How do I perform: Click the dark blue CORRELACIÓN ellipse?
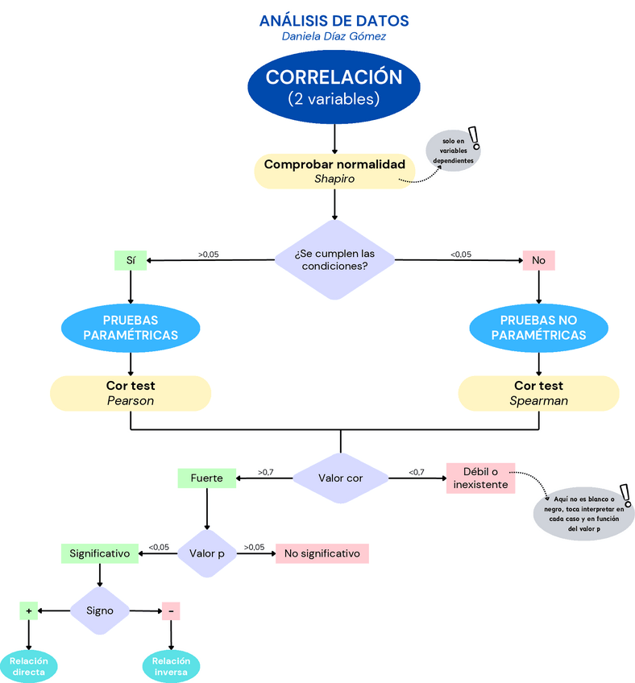pyautogui.click(x=334, y=88)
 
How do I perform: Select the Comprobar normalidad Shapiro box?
pyautogui.click(x=334, y=172)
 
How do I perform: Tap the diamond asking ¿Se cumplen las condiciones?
pyautogui.click(x=334, y=259)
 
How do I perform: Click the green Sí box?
pyautogui.click(x=131, y=260)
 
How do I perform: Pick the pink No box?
pyautogui.click(x=538, y=260)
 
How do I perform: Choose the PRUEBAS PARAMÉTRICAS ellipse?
pyautogui.click(x=131, y=327)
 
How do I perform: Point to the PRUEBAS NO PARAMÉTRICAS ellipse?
pyautogui.click(x=538, y=327)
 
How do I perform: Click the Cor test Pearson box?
pyautogui.click(x=131, y=393)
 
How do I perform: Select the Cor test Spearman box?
pyautogui.click(x=538, y=393)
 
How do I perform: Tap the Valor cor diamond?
pyautogui.click(x=340, y=478)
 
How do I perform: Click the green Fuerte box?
pyautogui.click(x=206, y=478)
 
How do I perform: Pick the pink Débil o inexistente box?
pyautogui.click(x=480, y=478)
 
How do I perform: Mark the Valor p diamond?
pyautogui.click(x=207, y=553)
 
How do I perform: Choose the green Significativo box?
pyautogui.click(x=99, y=553)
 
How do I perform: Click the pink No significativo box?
pyautogui.click(x=322, y=553)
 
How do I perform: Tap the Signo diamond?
pyautogui.click(x=100, y=610)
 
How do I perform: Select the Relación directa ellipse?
pyautogui.click(x=29, y=665)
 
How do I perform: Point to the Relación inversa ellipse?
pyautogui.click(x=170, y=665)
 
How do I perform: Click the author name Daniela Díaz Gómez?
pyautogui.click(x=334, y=36)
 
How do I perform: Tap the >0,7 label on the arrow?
pyautogui.click(x=266, y=472)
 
